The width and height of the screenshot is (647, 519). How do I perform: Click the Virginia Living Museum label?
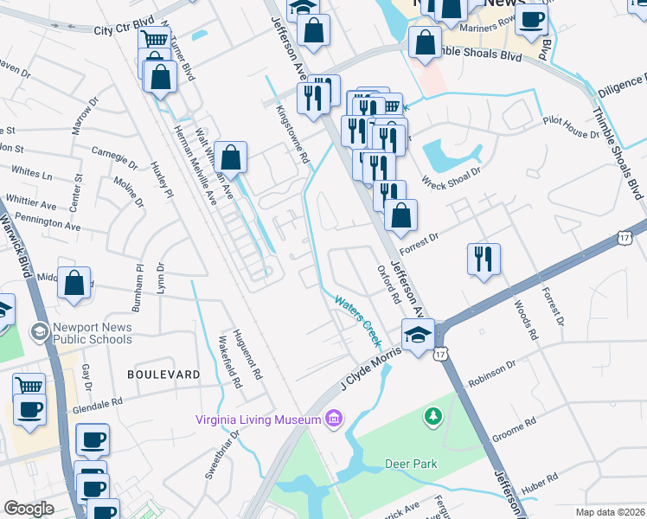point(259,420)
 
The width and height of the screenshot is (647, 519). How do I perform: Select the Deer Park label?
point(411,465)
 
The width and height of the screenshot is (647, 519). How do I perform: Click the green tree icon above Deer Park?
point(432,418)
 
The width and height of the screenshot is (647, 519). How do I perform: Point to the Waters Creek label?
point(357,317)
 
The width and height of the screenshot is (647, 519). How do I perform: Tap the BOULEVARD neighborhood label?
point(163,375)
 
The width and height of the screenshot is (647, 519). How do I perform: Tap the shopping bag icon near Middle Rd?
point(75,283)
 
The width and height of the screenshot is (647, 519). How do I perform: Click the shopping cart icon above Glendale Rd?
point(29,386)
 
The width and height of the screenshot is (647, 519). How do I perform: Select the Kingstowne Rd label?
point(292,134)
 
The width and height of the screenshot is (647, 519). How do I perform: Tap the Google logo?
point(29,509)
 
